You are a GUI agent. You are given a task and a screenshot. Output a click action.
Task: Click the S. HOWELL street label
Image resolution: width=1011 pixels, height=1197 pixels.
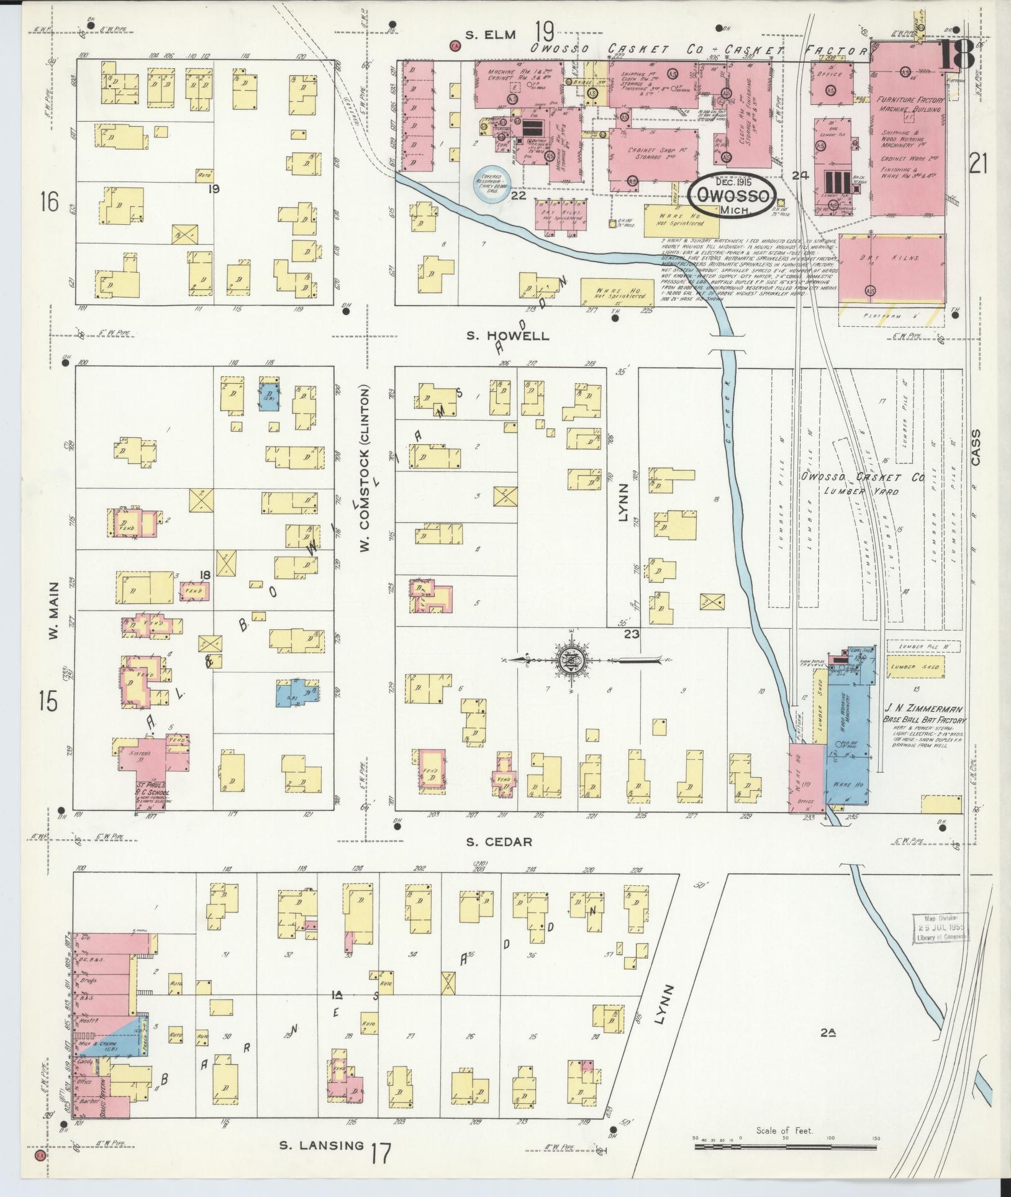pos(508,336)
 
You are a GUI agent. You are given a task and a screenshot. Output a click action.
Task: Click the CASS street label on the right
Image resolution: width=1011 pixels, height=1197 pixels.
pos(975,447)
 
